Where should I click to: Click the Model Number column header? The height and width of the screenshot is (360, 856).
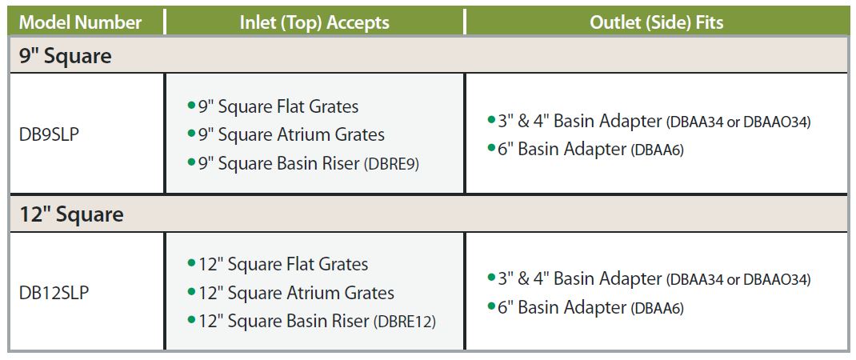pos(80,22)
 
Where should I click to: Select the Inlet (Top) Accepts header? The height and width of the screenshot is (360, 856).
pos(314,22)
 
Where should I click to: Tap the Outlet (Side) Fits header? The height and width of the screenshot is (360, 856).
pos(657,22)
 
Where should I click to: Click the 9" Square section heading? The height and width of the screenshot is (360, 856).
pos(66,56)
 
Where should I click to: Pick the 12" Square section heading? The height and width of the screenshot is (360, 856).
pos(71,214)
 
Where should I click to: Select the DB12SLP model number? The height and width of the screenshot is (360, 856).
pos(54,294)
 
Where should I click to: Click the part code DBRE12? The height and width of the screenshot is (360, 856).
pos(405,322)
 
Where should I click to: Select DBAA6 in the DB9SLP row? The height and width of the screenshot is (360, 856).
pos(658,150)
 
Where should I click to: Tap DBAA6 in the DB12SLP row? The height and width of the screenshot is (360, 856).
pos(658,309)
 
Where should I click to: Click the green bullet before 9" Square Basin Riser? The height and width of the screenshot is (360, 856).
pos(191,162)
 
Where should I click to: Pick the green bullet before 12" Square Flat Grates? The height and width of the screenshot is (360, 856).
pos(191,263)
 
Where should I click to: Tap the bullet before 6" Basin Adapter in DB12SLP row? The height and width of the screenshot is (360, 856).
pos(491,306)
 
